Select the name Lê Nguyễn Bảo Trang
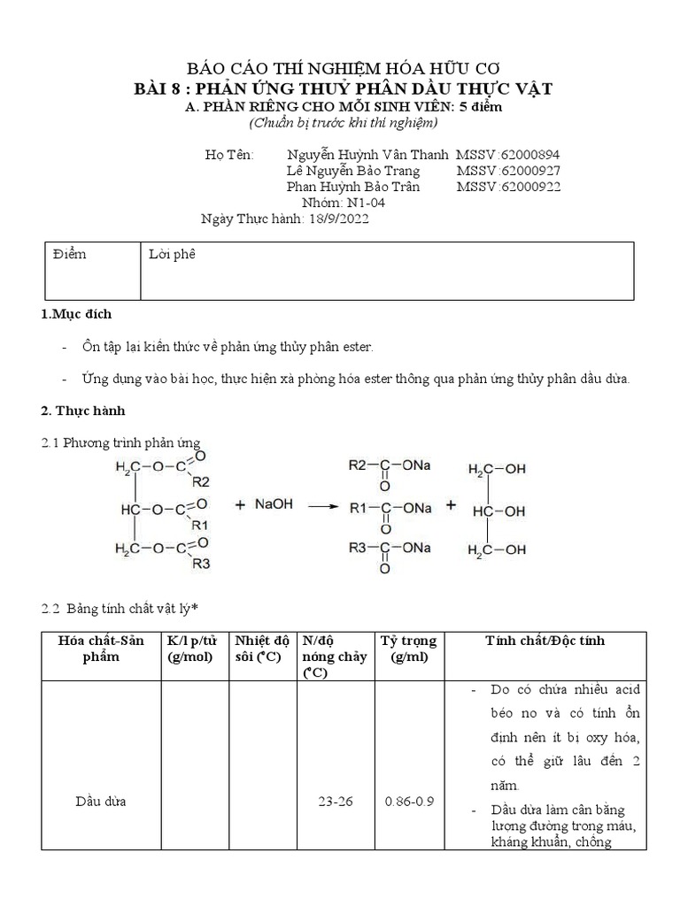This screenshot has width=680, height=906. [x=353, y=170]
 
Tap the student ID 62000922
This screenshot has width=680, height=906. [x=529, y=187]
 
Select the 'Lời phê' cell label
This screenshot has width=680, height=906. [x=171, y=255]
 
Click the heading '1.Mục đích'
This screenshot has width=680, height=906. [x=76, y=314]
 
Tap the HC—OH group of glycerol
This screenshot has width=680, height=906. [x=498, y=511]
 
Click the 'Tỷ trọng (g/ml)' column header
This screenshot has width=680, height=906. [x=408, y=649]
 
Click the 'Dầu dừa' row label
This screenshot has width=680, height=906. [x=101, y=801]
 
